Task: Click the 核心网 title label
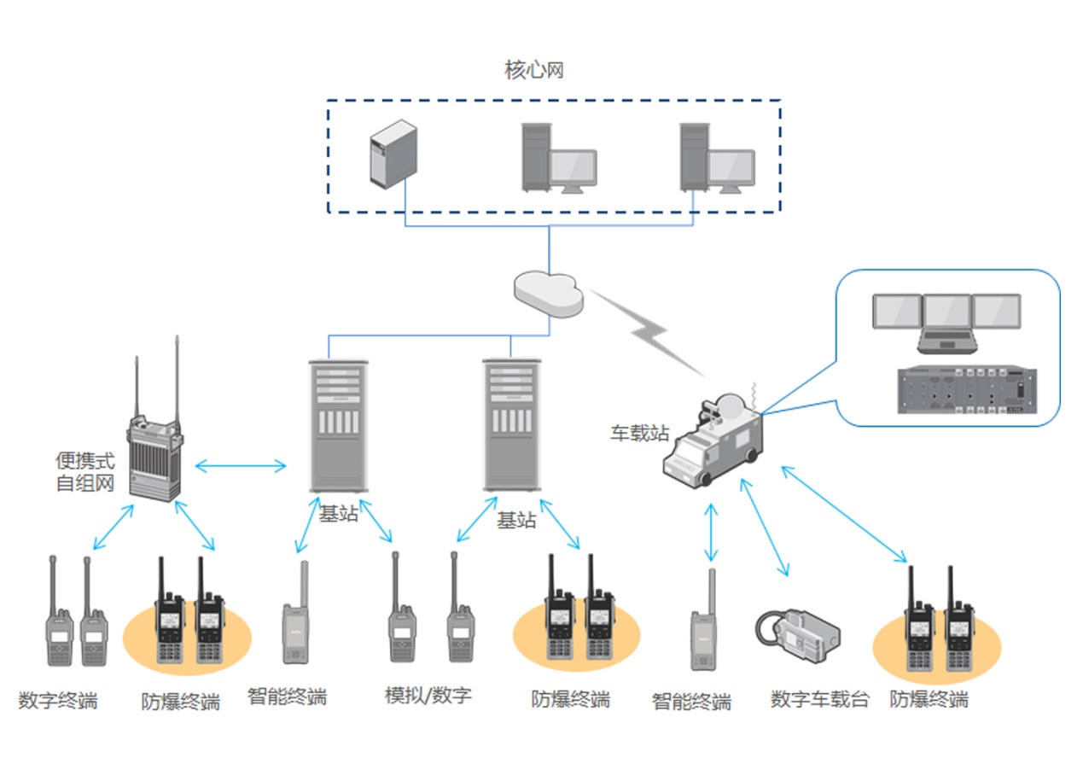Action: tap(533, 70)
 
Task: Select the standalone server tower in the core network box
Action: tap(393, 153)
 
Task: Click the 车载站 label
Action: tap(638, 433)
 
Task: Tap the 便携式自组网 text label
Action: tap(84, 473)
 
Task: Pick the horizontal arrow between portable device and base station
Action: tap(241, 466)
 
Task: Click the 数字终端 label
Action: tap(58, 702)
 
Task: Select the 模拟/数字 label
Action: tap(428, 695)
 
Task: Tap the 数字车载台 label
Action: tap(819, 699)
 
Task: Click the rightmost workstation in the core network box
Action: tap(716, 157)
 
